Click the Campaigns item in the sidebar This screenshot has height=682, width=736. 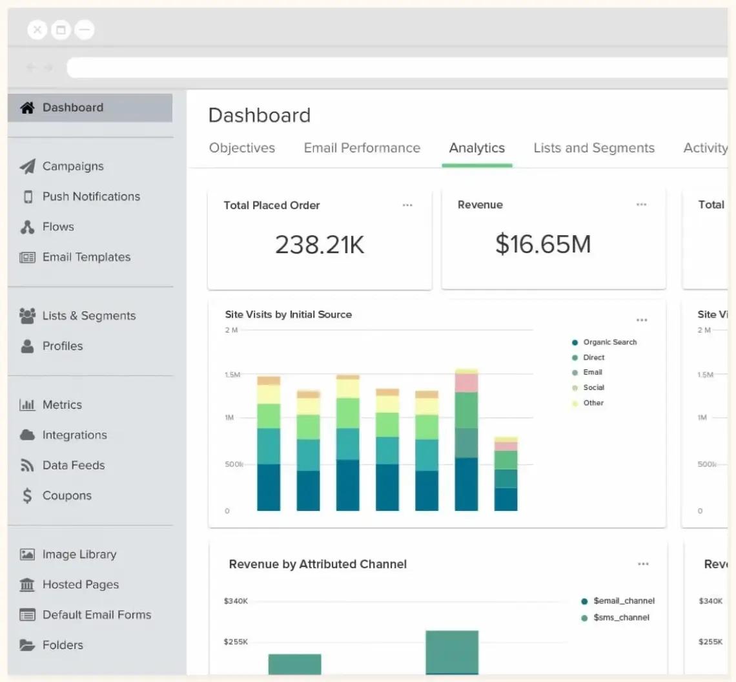(x=72, y=167)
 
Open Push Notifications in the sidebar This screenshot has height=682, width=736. (x=90, y=197)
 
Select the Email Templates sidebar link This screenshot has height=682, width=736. (x=86, y=257)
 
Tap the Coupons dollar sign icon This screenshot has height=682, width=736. (x=27, y=495)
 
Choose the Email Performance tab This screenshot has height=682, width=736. (x=362, y=148)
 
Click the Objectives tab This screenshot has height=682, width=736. (x=242, y=148)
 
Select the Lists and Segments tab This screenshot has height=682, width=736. (x=594, y=148)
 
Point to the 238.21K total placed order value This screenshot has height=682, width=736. (x=320, y=245)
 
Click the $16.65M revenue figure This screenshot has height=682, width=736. (x=543, y=244)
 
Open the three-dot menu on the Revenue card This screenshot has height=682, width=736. (x=641, y=205)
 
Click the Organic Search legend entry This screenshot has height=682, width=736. (x=609, y=342)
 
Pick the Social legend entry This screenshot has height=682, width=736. (x=593, y=387)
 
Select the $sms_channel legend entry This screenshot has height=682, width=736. (x=620, y=617)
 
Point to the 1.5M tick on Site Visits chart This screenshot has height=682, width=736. (x=232, y=375)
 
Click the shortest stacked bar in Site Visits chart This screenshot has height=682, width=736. (x=506, y=475)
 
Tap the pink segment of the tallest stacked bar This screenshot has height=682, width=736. (x=466, y=383)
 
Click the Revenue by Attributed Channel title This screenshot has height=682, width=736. (x=318, y=564)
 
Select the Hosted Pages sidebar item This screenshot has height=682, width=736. (x=80, y=584)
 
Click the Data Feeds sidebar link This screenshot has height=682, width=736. (x=73, y=465)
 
